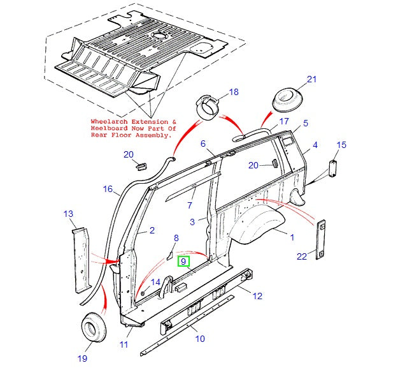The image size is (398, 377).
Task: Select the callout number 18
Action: pyautogui.click(x=234, y=92)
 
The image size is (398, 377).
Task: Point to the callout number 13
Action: pyautogui.click(x=69, y=215)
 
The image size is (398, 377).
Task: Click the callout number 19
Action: pyautogui.click(x=82, y=359)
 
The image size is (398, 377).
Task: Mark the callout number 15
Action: pyautogui.click(x=341, y=145)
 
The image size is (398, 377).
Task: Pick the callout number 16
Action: pyautogui.click(x=108, y=189)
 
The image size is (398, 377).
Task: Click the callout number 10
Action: pyautogui.click(x=200, y=339)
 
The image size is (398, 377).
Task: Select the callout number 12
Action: pyautogui.click(x=257, y=295)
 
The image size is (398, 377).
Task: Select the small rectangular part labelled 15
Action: pyautogui.click(x=331, y=170)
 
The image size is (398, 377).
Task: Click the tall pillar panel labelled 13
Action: pyautogui.click(x=81, y=260)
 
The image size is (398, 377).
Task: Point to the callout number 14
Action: pyautogui.click(x=155, y=282)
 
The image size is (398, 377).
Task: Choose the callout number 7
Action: pyautogui.click(x=189, y=205)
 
